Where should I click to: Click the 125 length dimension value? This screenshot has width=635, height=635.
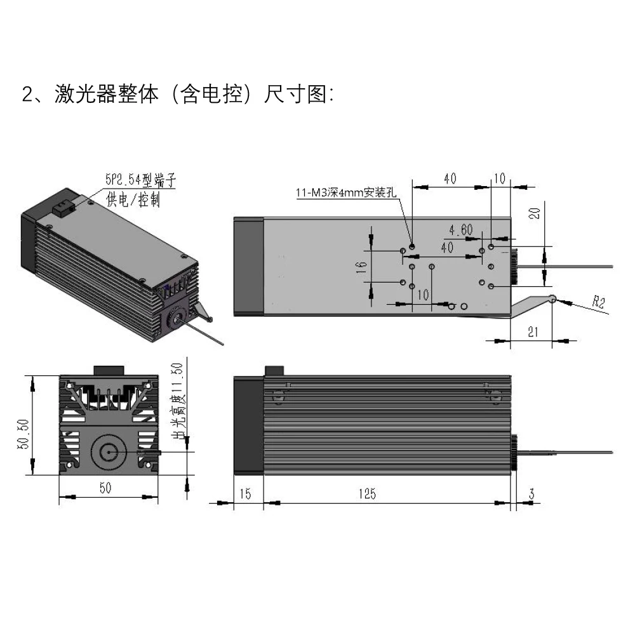(366, 493)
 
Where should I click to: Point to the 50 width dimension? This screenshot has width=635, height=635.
(105, 488)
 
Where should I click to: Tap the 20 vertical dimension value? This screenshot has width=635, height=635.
(535, 213)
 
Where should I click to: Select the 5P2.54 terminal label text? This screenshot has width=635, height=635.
(140, 180)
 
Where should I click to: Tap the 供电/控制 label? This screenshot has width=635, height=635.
(133, 200)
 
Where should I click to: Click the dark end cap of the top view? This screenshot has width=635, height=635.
(248, 266)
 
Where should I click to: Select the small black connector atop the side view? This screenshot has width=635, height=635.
(274, 370)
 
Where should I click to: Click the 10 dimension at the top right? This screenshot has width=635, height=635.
(500, 179)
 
